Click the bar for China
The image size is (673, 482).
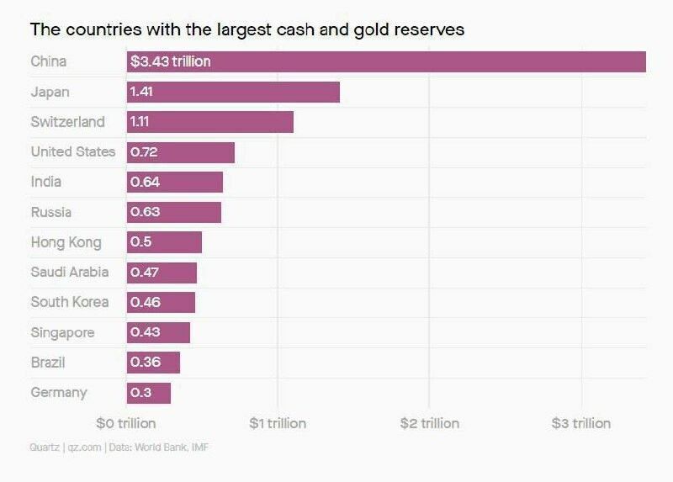point(386,61)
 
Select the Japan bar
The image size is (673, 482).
point(233,92)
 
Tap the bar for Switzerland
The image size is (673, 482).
point(210,122)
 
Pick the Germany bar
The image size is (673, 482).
point(149,393)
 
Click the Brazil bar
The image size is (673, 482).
point(153,363)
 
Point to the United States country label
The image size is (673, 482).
point(73,152)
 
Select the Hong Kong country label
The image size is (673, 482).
point(66,242)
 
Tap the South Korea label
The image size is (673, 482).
point(71,302)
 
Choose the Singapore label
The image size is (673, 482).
point(62,332)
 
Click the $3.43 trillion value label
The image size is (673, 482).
point(171,61)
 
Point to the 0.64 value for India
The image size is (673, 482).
point(145,182)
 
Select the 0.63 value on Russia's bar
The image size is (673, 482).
point(145,212)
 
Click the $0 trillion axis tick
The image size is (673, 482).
point(126,423)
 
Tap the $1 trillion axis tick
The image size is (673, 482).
point(278,423)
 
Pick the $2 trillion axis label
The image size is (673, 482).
point(429,423)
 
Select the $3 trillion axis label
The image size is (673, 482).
point(580,423)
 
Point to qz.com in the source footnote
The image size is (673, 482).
point(84,448)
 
